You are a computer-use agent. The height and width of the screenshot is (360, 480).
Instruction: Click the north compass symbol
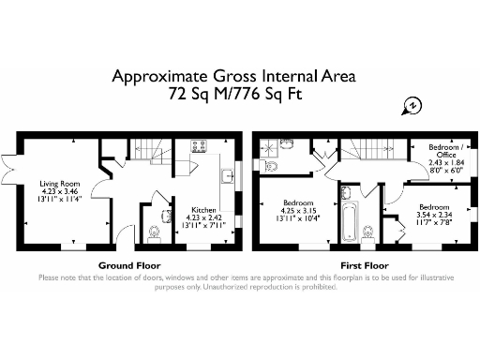pos(409,105)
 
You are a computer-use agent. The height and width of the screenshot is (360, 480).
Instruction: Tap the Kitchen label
pos(205,210)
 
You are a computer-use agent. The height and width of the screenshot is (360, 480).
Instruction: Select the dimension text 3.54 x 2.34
pos(433,215)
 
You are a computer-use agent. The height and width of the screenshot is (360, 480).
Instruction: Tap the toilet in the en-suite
pos(271,168)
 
